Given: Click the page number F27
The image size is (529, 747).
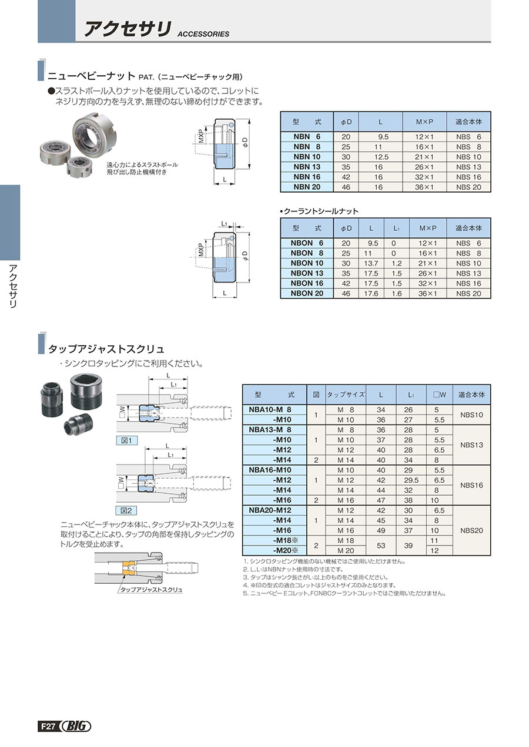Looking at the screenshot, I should coord(48,726).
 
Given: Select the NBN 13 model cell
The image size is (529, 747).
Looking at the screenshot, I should coord(307,167).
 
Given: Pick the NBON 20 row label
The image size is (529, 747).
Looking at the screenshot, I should coord(307,293).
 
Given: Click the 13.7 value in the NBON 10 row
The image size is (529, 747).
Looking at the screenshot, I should coord(371,263).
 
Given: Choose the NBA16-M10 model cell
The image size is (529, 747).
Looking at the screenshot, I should coord(270,470).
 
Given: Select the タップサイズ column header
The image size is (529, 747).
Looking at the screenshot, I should coord(346,395).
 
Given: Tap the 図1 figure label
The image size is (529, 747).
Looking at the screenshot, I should coord(125,440).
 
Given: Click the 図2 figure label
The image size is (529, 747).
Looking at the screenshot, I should coord(125,510).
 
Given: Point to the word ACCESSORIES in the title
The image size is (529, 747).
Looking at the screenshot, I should coord(203,34).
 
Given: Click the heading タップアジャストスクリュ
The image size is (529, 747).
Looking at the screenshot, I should coord(106,349).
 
